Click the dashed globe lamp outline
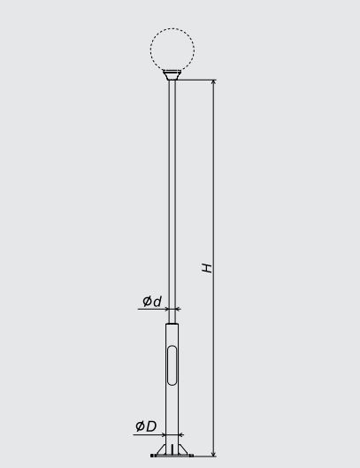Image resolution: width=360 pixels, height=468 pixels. point(150,50)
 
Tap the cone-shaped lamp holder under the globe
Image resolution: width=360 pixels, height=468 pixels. point(172,75)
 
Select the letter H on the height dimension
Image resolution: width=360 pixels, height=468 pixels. point(207,268)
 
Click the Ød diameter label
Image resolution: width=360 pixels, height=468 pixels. point(152,301)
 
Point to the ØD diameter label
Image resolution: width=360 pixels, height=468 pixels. point(146,426)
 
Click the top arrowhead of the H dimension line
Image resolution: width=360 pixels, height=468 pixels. point(213,82)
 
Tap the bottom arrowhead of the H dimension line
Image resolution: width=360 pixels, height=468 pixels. point(213,453)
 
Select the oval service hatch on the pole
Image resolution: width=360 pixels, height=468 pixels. point(172,365)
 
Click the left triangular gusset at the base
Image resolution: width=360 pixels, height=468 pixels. point(162,450)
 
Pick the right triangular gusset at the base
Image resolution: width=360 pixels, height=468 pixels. point(182,450)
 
